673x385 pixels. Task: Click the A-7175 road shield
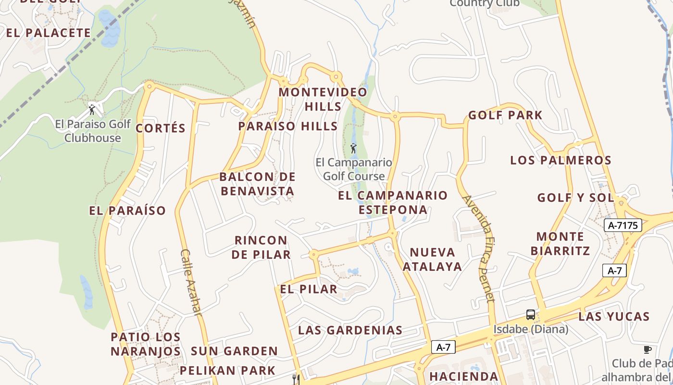(623, 225)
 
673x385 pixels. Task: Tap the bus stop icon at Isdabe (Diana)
(531, 315)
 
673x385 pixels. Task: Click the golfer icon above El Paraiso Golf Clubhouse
(92, 110)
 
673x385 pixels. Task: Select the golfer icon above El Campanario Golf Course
(353, 148)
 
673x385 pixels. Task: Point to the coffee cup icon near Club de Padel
(648, 349)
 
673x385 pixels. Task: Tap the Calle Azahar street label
(191, 282)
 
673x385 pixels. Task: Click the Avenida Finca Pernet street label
(478, 248)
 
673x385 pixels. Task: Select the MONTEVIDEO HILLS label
(323, 99)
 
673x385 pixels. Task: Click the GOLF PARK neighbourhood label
(505, 115)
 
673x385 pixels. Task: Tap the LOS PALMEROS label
(561, 160)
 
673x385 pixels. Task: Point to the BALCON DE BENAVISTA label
(258, 184)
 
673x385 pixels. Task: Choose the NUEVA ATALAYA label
(432, 259)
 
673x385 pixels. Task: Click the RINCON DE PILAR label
(261, 247)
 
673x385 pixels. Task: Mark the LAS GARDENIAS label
(350, 330)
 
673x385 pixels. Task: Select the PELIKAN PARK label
(227, 371)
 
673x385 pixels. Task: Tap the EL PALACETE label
(48, 33)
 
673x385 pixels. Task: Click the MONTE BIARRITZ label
(561, 244)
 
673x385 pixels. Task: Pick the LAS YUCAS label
(614, 316)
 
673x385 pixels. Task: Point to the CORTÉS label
(161, 128)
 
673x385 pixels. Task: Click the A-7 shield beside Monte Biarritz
(614, 270)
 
